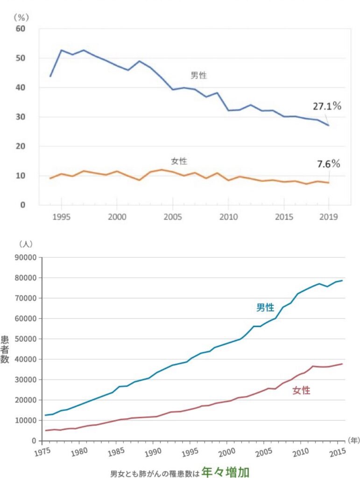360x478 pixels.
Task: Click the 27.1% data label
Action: [x=327, y=106]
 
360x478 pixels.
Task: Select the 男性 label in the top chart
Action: [x=198, y=76]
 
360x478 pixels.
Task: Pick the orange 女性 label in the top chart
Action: [x=179, y=162]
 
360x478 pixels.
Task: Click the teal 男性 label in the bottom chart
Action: [x=265, y=308]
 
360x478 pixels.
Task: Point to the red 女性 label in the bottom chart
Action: [x=301, y=391]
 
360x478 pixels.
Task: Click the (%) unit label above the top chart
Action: [x=22, y=17]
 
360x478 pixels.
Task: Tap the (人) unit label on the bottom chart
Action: [x=25, y=244]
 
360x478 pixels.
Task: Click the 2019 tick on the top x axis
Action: [x=328, y=218]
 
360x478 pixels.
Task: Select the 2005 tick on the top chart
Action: [x=173, y=218]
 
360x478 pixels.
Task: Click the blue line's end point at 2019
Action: [x=328, y=125]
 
